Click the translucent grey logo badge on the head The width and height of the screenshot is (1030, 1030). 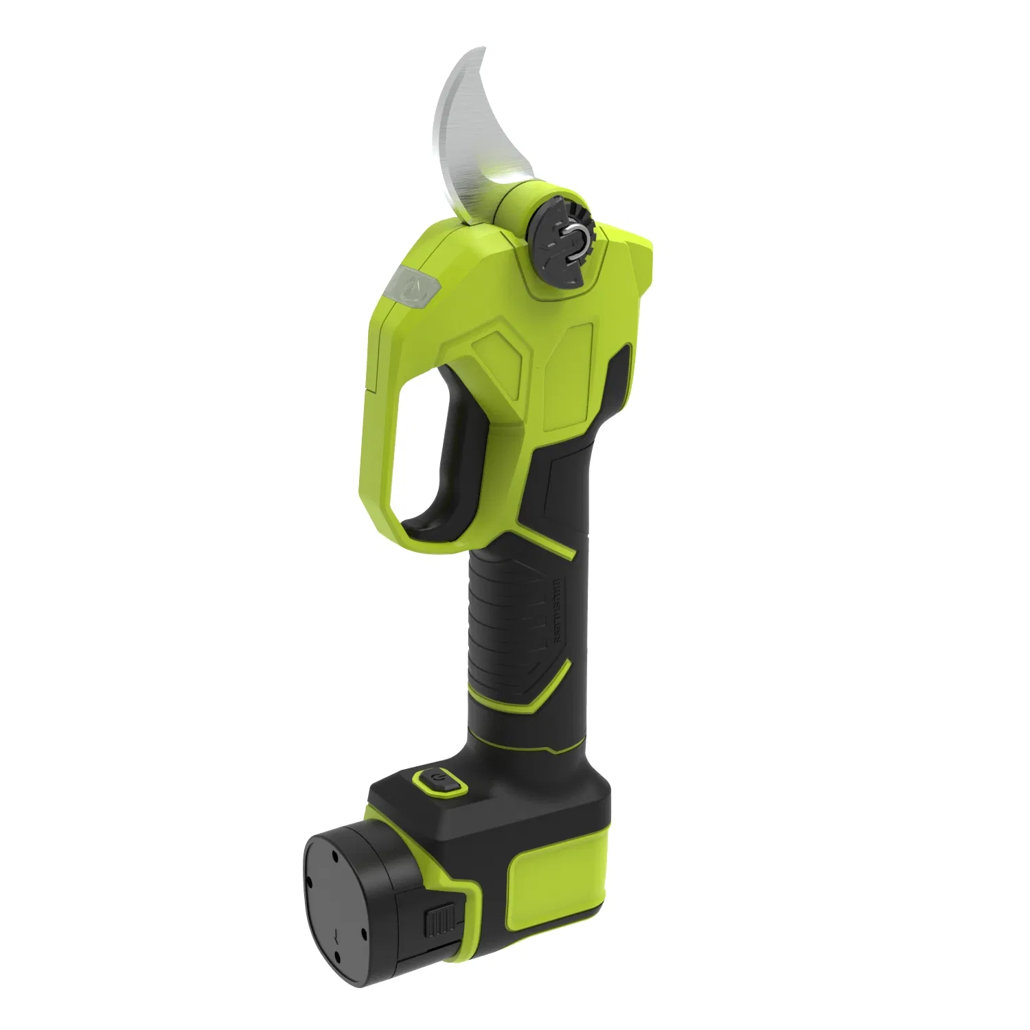pos(410,289)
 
